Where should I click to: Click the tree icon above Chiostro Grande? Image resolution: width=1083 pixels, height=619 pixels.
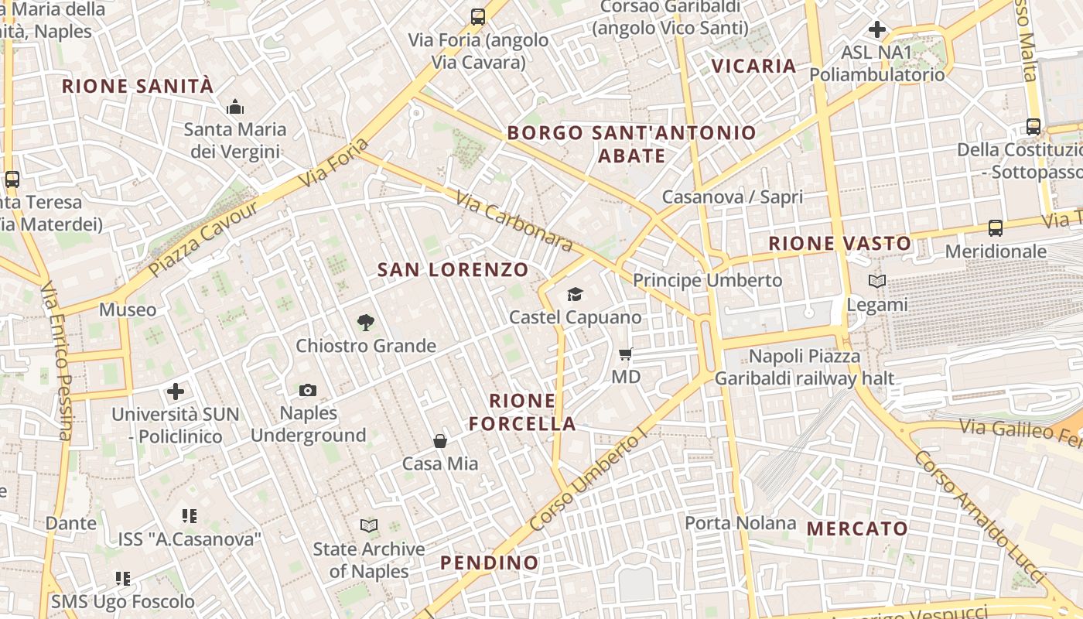click(366, 322)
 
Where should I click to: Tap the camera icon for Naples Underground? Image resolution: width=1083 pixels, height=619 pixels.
click(308, 390)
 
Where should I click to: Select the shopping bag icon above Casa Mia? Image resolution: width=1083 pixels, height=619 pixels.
click(440, 441)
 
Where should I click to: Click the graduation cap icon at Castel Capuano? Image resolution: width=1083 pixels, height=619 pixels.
click(575, 294)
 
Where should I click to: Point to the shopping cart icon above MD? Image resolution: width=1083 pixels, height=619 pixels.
click(626, 354)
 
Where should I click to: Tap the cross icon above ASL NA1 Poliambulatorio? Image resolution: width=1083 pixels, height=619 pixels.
click(876, 30)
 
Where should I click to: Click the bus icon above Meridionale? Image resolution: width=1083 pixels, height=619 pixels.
click(996, 228)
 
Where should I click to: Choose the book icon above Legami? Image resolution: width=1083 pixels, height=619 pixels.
click(876, 282)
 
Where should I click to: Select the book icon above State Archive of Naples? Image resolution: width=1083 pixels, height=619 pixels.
click(369, 526)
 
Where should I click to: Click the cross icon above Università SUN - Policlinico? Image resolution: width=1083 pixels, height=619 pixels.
click(176, 392)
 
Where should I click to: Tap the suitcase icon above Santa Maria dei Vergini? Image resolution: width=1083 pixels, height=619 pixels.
click(235, 107)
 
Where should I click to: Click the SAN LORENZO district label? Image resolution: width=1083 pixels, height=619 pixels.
click(453, 270)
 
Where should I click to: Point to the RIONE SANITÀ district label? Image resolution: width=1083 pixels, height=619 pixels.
click(137, 86)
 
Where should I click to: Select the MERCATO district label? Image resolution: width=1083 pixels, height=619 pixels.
click(857, 529)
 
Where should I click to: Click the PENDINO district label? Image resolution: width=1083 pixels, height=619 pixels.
click(489, 563)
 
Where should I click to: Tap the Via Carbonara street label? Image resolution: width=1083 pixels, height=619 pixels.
click(514, 221)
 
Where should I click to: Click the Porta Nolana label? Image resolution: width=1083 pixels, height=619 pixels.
click(740, 523)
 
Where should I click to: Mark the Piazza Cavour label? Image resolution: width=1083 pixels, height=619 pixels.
click(203, 239)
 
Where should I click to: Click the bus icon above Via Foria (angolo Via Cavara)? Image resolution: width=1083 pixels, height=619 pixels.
click(478, 16)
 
